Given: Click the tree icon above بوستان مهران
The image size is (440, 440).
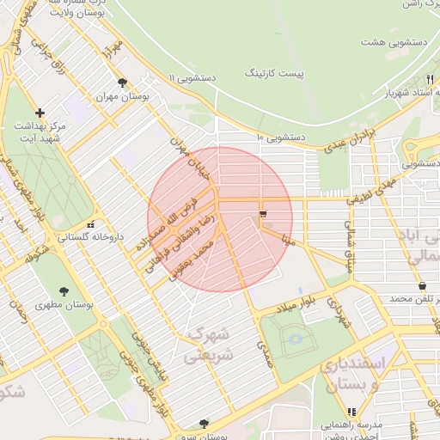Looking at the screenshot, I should coord(122,83).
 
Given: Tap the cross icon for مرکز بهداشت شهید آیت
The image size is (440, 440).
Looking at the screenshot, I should coord(40,113).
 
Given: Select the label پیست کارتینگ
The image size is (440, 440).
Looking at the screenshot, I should coord(275,76).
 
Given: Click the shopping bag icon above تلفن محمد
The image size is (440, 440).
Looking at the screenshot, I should coord(422,286).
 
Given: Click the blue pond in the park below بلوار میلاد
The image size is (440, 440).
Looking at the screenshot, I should coord(296,339).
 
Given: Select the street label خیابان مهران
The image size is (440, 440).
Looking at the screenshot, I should coord(190,156).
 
